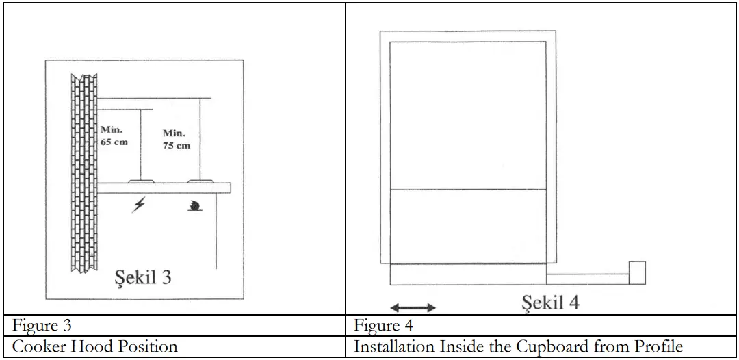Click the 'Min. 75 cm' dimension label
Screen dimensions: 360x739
click(177, 139)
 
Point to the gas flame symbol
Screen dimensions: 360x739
click(196, 206)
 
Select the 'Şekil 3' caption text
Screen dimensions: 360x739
click(141, 279)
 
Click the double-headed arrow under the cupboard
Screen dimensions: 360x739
click(413, 307)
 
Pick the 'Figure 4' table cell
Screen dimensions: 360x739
click(383, 326)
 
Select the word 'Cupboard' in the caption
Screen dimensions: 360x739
click(570, 347)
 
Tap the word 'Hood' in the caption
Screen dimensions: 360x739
click(87, 347)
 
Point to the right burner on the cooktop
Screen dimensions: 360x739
click(199, 182)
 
